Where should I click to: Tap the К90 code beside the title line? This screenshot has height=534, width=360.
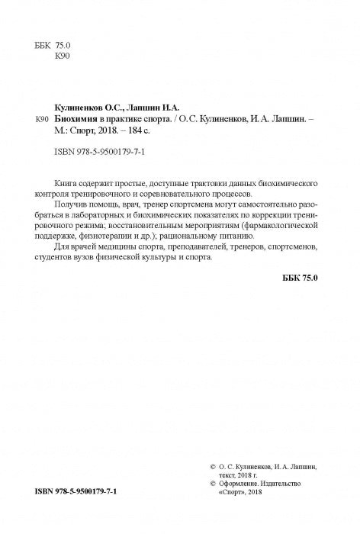click(x=43, y=120)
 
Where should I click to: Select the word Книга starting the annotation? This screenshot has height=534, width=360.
click(x=69, y=185)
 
